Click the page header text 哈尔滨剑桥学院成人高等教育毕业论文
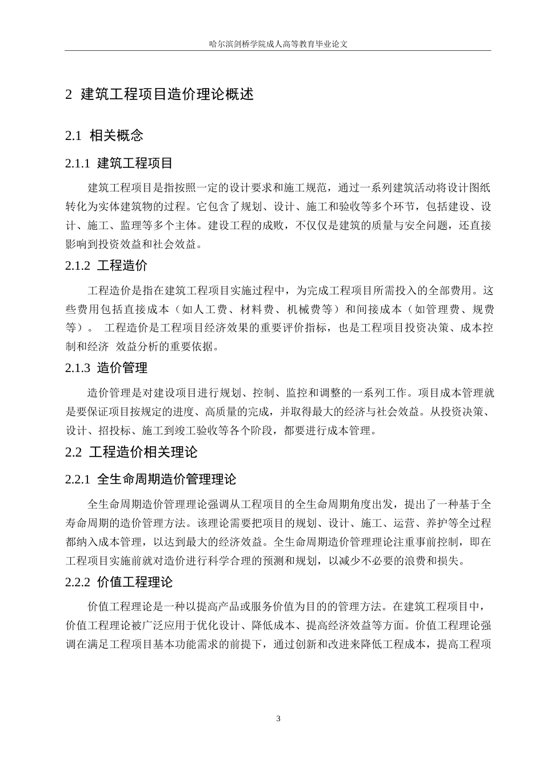278,43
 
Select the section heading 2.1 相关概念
104,135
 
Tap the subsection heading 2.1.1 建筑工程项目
119,163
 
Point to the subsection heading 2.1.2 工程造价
106,266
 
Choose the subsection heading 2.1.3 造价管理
106,368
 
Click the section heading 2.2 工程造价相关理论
131,453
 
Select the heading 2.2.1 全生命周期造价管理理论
151,479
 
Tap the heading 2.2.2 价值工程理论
119,582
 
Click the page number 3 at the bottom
278,718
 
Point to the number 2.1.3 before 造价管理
78,368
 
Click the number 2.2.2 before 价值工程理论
78,582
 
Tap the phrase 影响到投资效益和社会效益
130,245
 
